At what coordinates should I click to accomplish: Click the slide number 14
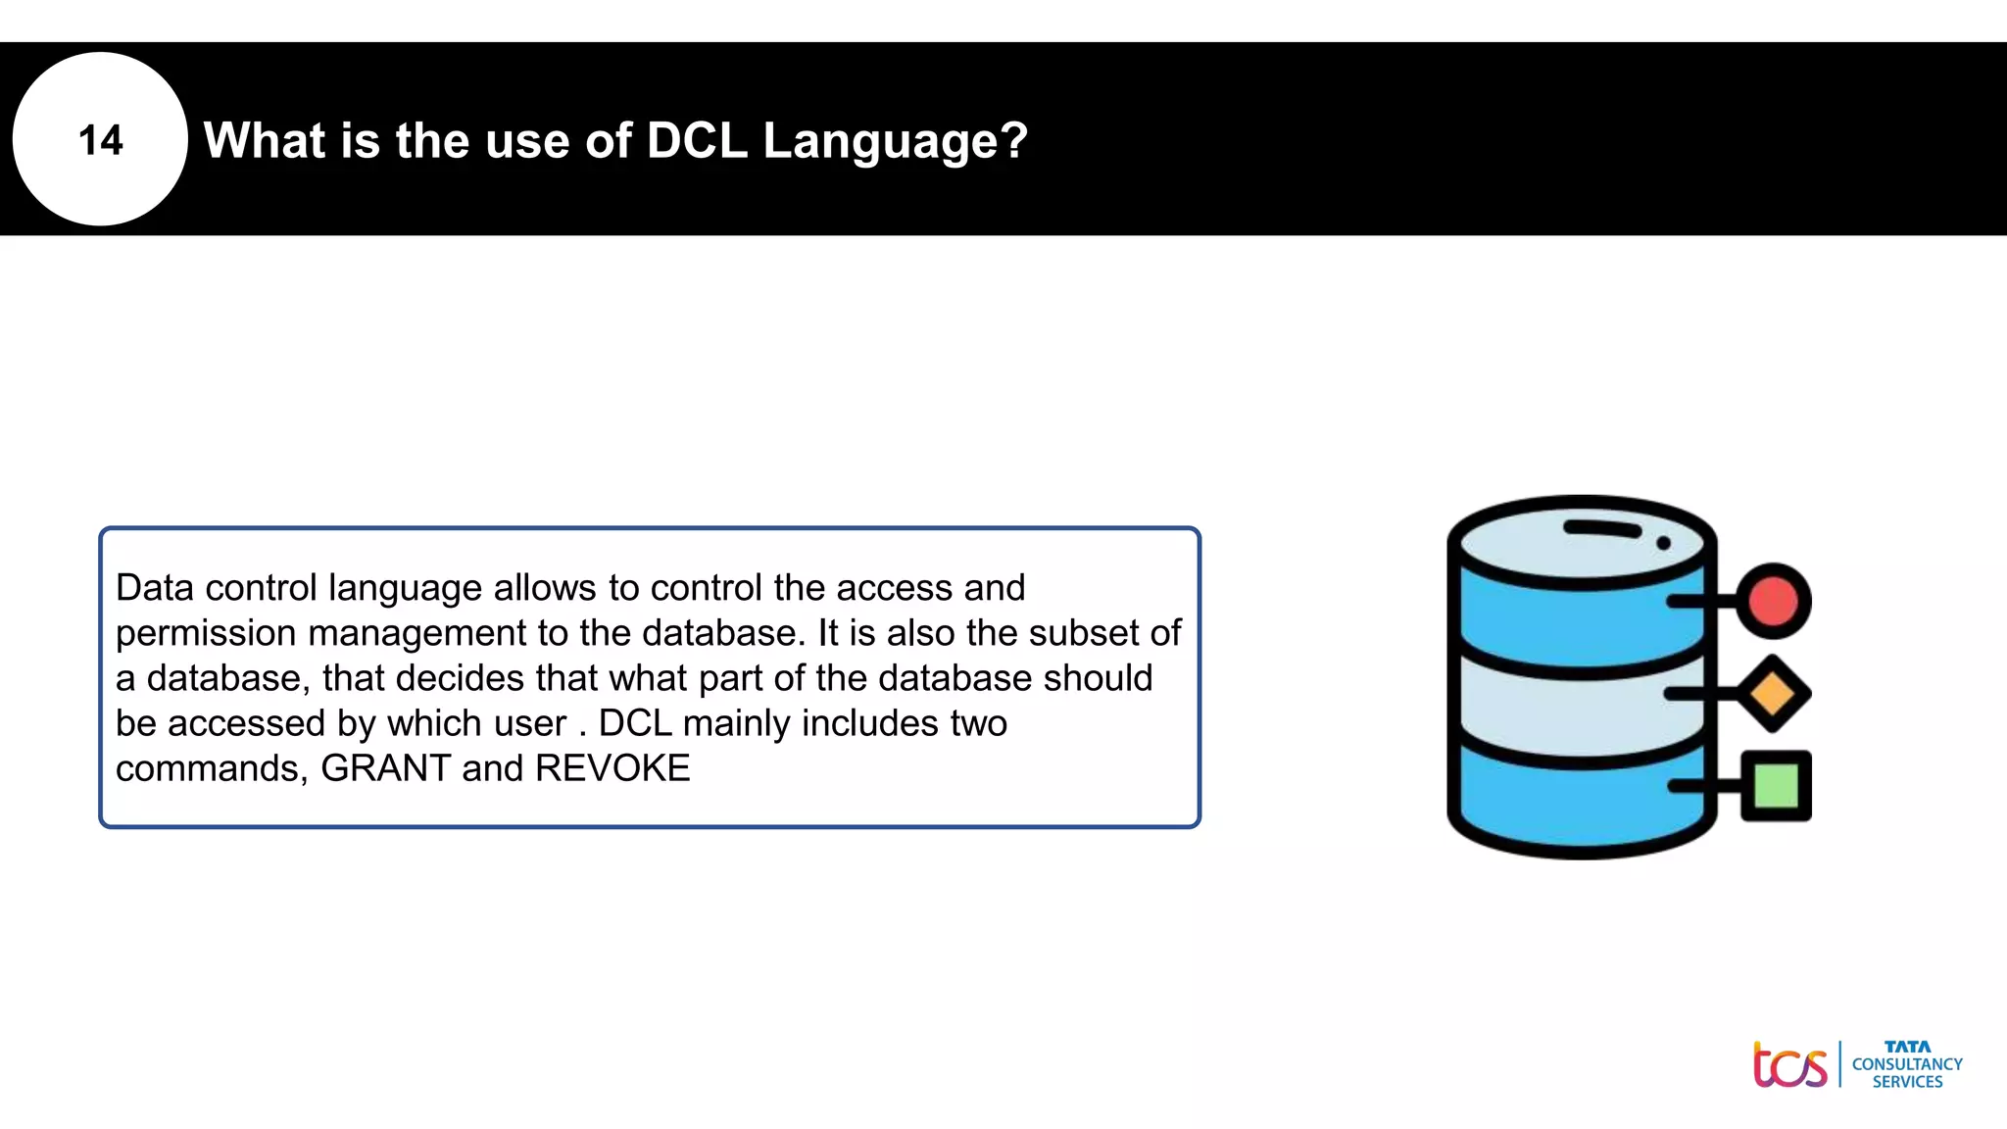[x=100, y=140]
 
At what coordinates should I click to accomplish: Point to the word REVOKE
[x=612, y=768]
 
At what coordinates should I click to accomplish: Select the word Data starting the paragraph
[x=155, y=588]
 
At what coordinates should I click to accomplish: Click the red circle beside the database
[x=1773, y=601]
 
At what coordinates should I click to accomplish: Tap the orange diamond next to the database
[x=1773, y=694]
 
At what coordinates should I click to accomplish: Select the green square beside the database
[x=1776, y=785]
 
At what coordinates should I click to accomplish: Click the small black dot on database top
[x=1663, y=543]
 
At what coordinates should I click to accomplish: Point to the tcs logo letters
[x=1790, y=1065]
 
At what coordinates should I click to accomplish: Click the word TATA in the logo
[x=1907, y=1047]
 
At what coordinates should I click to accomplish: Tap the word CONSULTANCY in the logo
[x=1907, y=1064]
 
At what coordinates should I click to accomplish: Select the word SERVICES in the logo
[x=1907, y=1082]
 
